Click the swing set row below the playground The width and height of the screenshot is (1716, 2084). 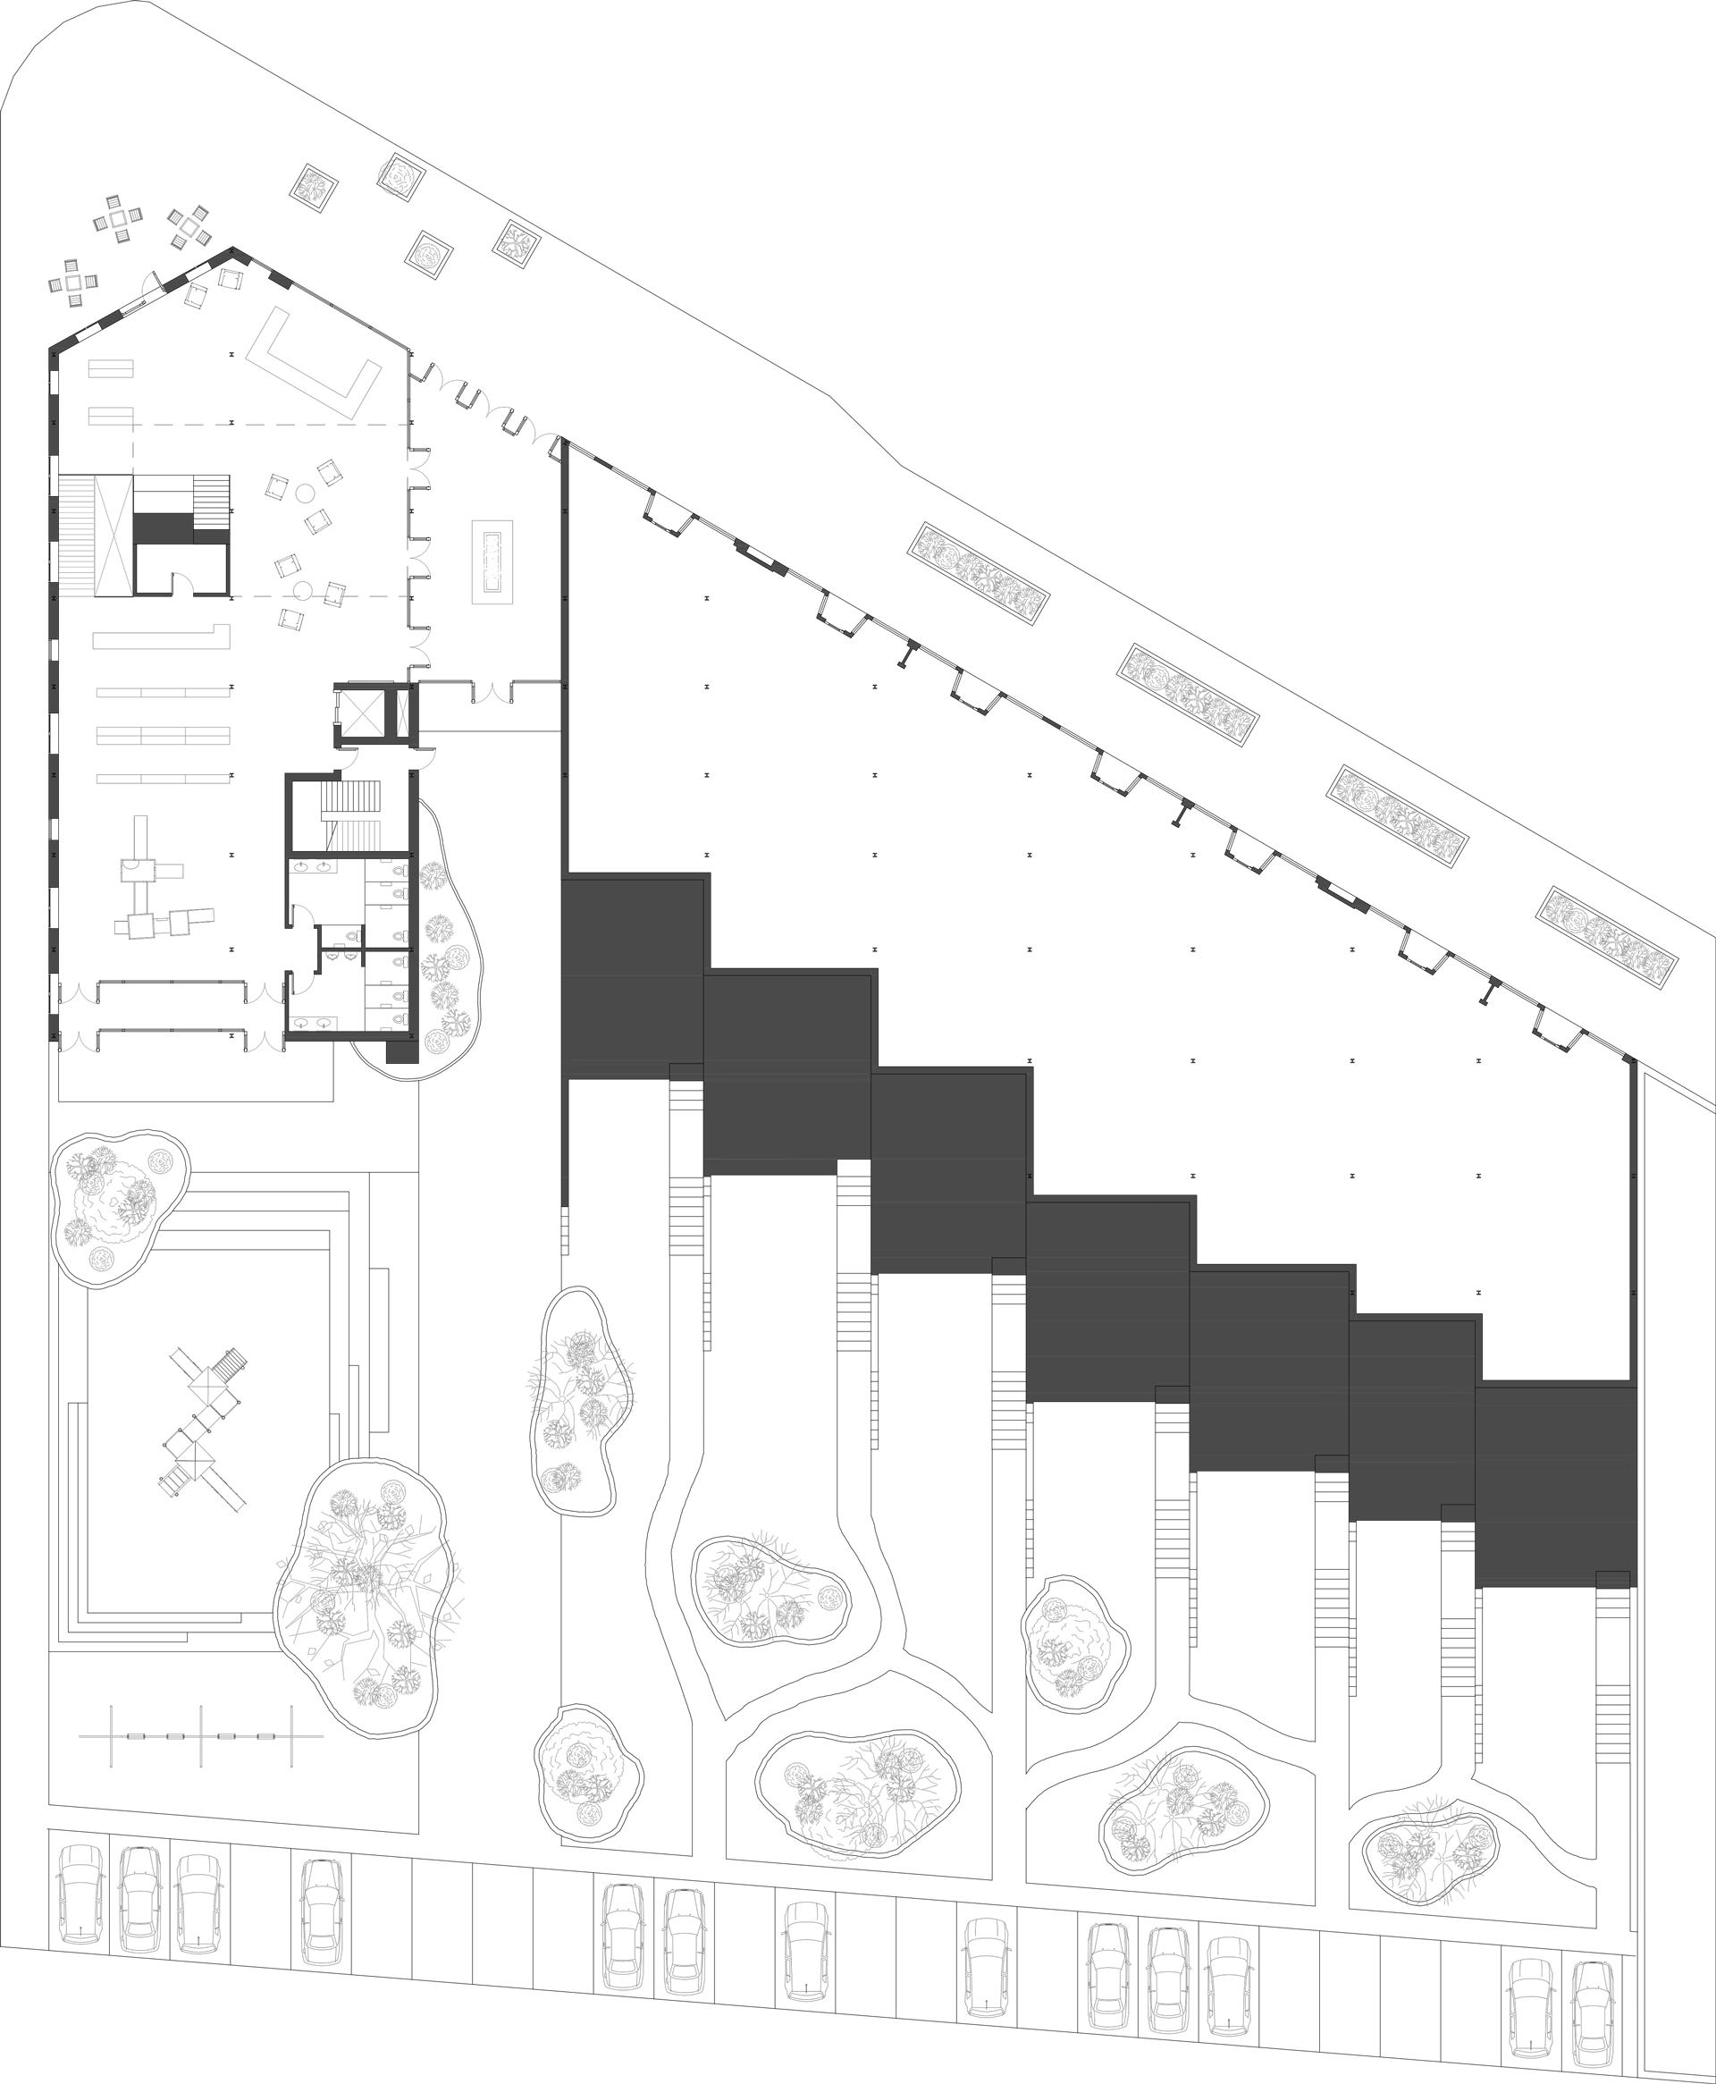[x=203, y=1736]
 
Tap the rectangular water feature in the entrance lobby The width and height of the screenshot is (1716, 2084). [x=492, y=561]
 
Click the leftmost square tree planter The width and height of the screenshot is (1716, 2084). [x=315, y=188]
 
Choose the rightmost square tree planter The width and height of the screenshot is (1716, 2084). [x=517, y=243]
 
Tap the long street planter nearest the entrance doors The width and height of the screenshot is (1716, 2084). [x=979, y=573]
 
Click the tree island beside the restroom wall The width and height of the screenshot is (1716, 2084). [x=445, y=949]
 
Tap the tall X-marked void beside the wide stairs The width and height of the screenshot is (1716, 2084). [x=113, y=535]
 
